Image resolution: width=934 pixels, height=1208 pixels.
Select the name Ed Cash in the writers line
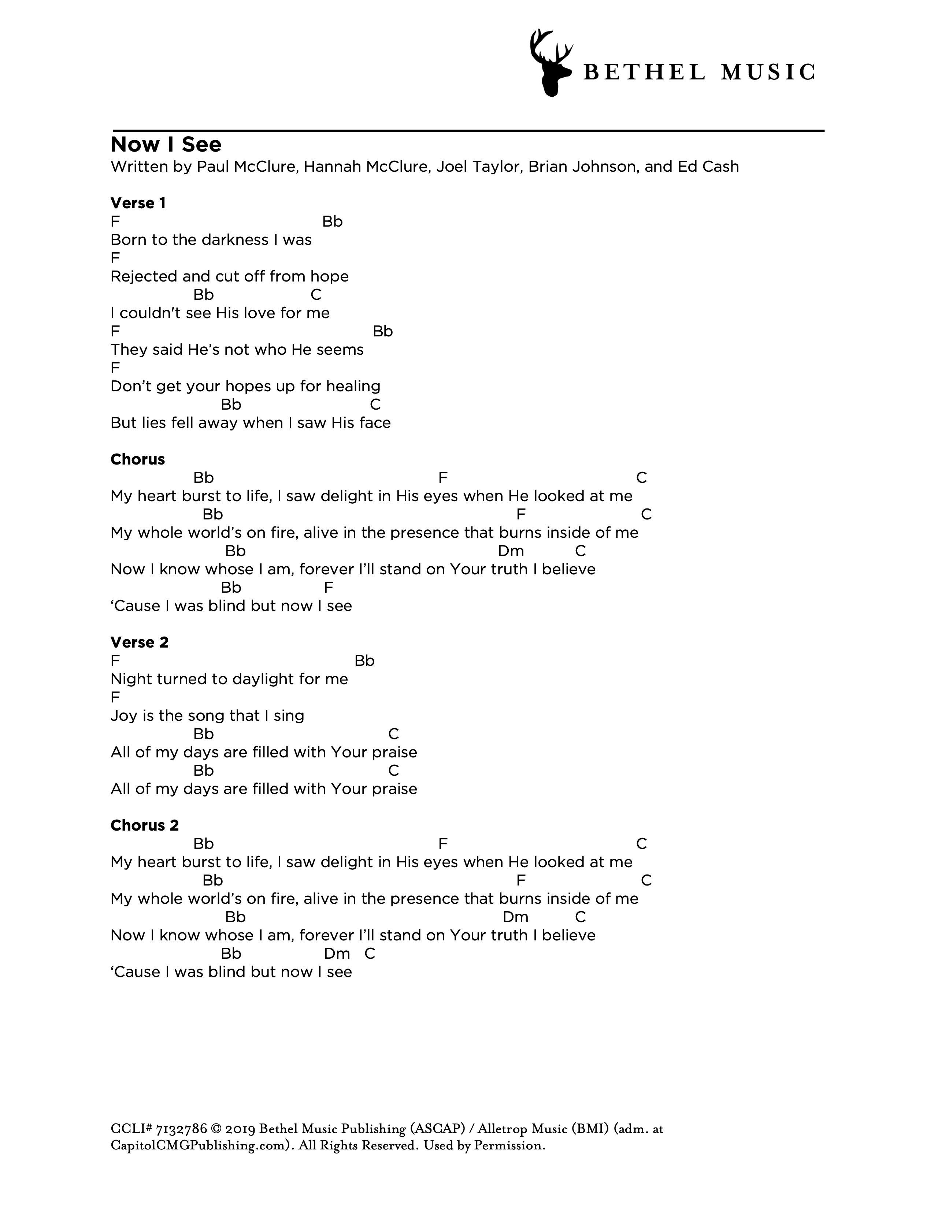point(708,167)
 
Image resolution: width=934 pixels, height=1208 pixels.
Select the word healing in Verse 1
point(353,387)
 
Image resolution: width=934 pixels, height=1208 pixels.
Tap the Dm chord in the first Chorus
point(511,551)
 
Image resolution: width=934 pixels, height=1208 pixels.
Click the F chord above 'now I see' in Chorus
point(329,588)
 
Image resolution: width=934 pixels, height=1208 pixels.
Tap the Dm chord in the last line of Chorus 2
point(337,954)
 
